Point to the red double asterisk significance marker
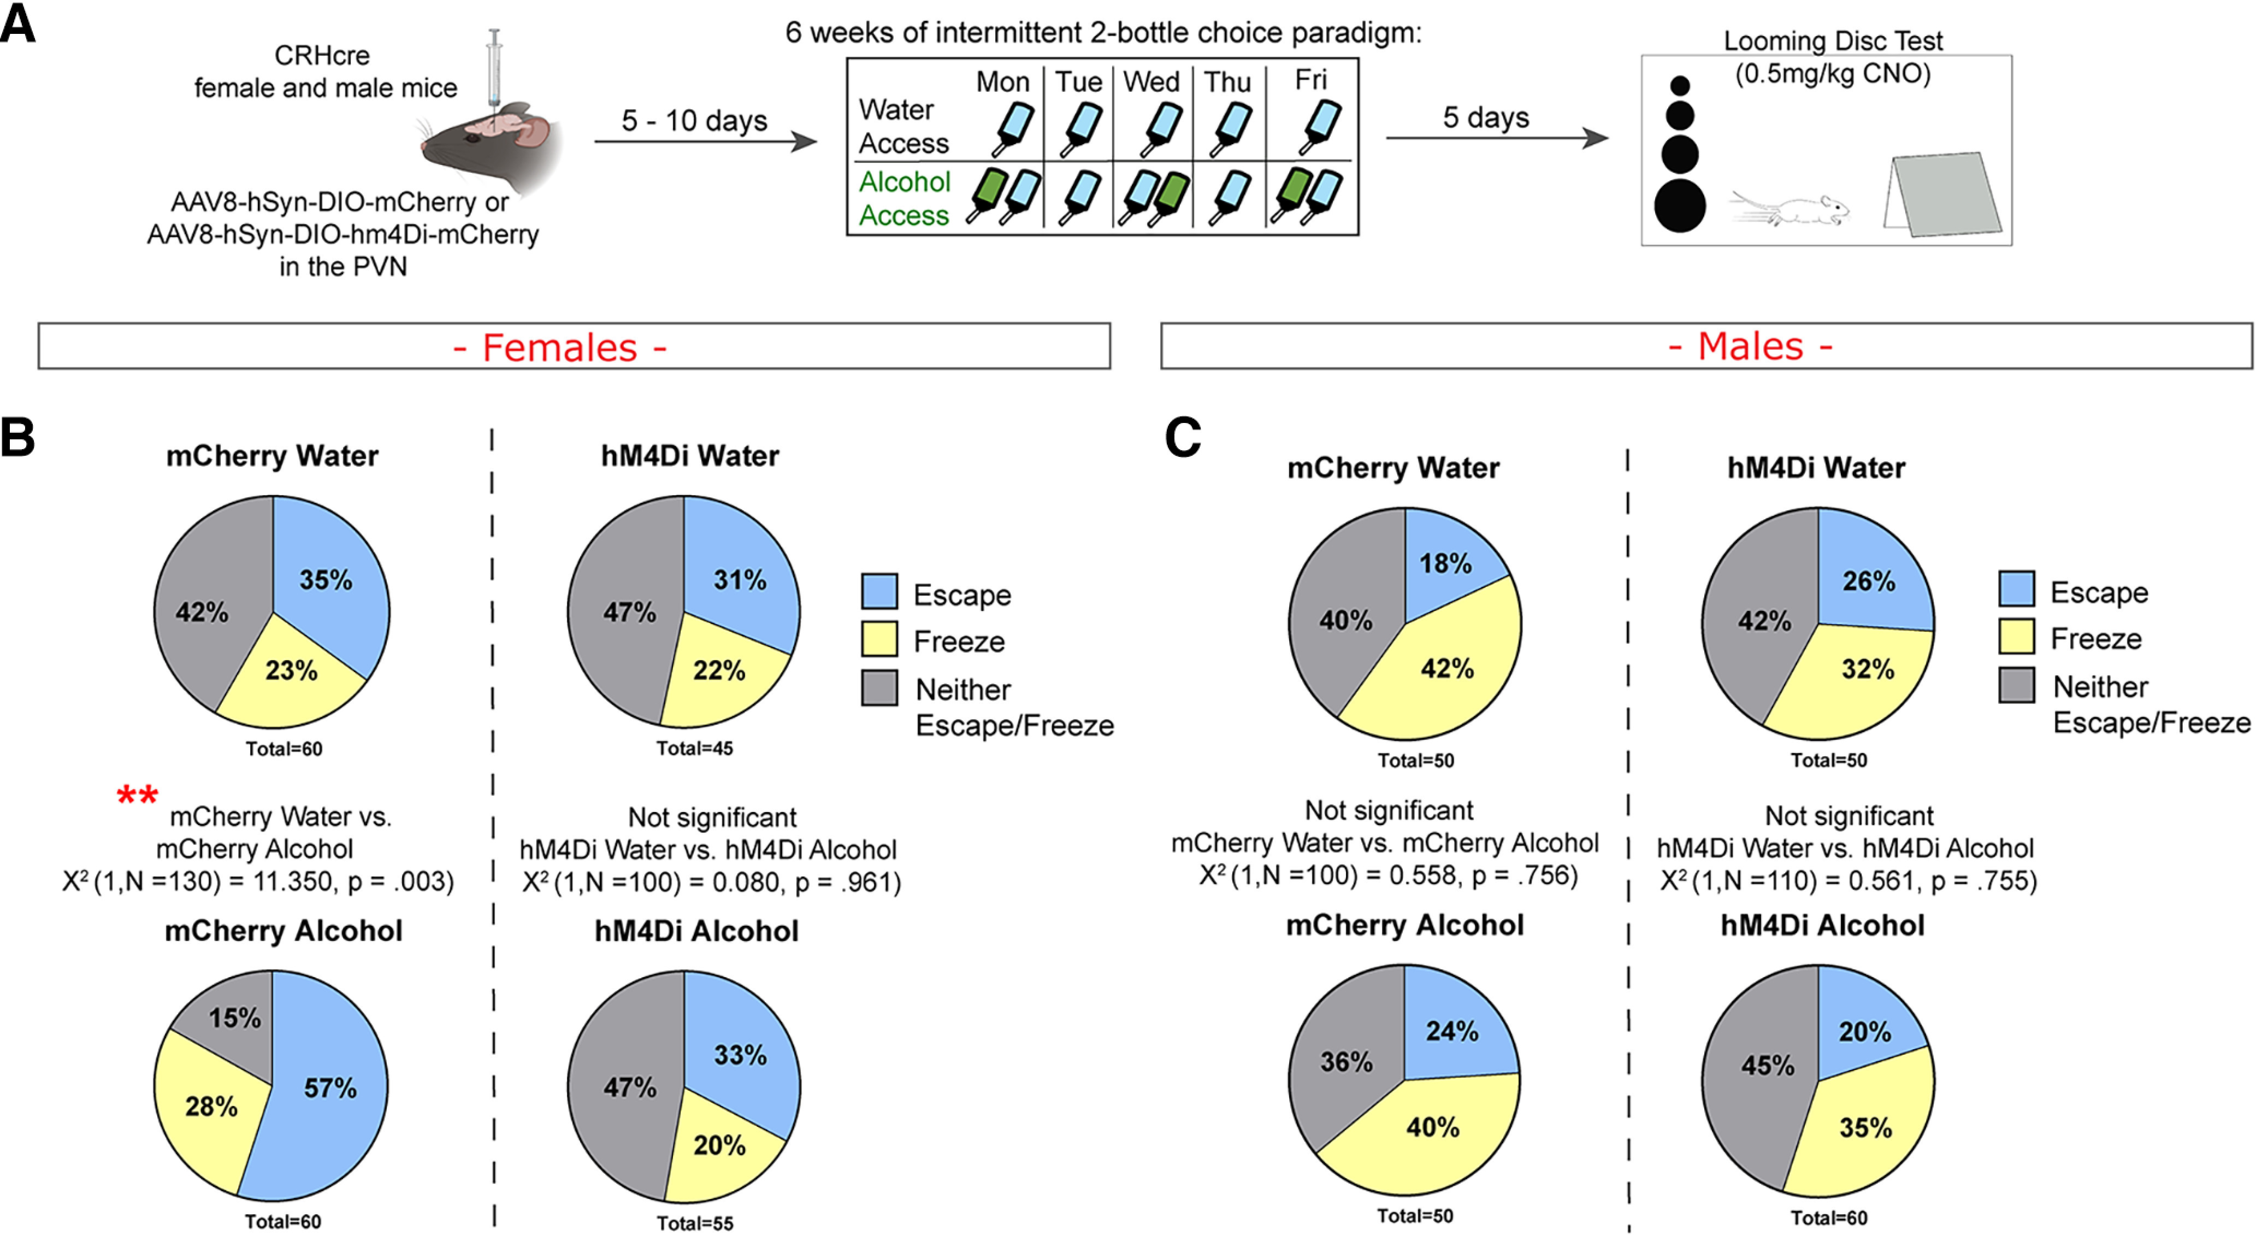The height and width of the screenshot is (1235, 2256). coord(138,795)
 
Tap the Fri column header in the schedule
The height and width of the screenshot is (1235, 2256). coord(1311,80)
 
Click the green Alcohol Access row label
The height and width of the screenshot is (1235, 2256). coord(904,198)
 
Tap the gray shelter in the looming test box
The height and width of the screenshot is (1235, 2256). coord(1942,195)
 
